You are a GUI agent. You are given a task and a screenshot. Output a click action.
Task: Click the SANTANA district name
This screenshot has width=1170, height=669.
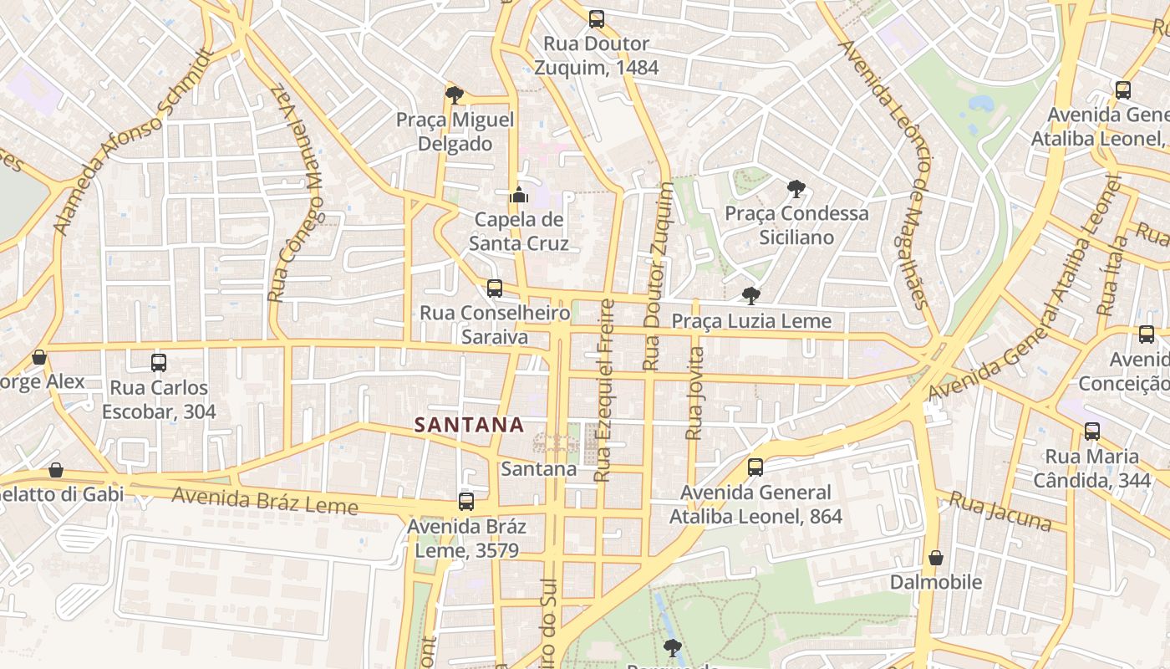coord(470,425)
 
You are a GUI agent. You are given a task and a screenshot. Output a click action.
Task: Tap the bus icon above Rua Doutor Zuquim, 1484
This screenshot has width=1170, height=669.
coord(596,18)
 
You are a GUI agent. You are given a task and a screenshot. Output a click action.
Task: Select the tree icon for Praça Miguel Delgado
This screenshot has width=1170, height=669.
coord(455,94)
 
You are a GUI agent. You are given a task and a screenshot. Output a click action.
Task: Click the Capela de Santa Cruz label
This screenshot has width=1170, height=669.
coord(518,232)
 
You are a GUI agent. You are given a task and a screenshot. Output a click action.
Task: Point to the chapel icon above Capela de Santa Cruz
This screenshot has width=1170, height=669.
coord(519,196)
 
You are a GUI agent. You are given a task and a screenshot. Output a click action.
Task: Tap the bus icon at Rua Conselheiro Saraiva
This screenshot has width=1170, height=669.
coord(495,289)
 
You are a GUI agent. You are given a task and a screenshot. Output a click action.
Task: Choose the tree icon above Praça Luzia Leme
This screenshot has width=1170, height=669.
coord(751,295)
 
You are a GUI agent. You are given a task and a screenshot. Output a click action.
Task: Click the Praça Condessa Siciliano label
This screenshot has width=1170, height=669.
coord(796,225)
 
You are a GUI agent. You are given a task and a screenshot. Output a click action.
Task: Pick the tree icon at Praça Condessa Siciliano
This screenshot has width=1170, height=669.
coord(796,189)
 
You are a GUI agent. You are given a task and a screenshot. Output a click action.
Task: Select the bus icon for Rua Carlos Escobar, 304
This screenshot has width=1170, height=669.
coord(159,363)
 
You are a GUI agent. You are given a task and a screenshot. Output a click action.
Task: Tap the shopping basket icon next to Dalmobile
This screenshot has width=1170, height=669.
coord(936,557)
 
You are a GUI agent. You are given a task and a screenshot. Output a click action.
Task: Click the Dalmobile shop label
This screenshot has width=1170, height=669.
coord(936,581)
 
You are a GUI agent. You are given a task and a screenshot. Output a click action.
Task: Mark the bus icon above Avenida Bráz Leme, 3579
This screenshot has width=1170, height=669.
coord(466,502)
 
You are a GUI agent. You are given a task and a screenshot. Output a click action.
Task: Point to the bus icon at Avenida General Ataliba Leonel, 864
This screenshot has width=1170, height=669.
coord(755,467)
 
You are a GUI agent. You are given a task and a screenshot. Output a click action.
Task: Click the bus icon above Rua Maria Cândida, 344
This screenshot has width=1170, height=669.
coord(1092,432)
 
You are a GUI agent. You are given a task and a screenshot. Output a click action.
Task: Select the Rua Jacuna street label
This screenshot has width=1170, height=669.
coord(1000,511)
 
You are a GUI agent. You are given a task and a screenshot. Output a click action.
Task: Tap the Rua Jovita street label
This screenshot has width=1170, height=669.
coord(694,393)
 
